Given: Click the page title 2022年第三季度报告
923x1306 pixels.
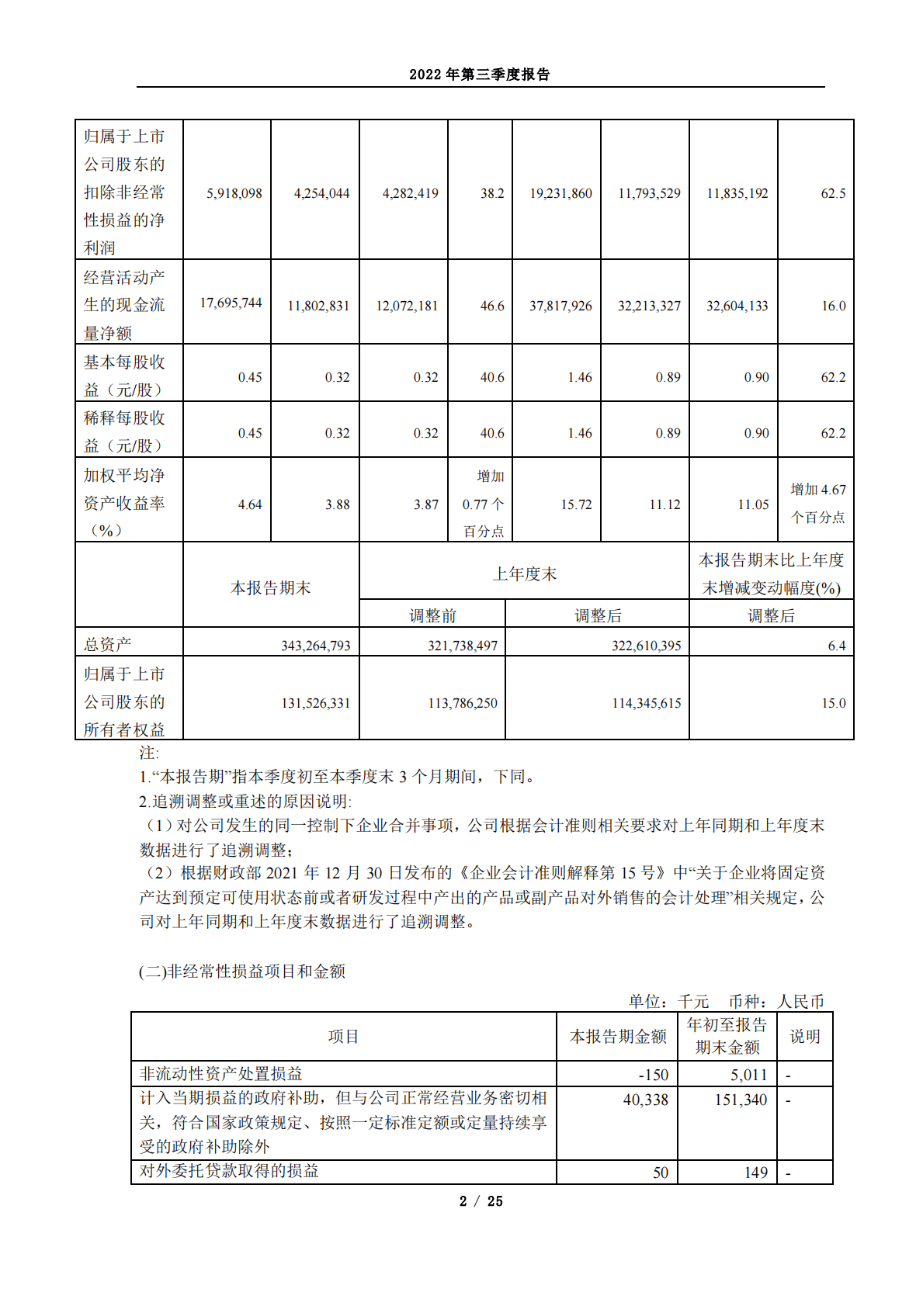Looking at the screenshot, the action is (480, 74).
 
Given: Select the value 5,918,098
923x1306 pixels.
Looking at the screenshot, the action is (234, 193).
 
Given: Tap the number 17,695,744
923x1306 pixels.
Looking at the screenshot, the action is (231, 303).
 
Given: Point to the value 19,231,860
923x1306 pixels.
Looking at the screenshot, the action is (560, 193).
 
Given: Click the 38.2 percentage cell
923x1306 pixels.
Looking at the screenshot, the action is (492, 193).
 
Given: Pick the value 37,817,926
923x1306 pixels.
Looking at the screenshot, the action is (560, 306).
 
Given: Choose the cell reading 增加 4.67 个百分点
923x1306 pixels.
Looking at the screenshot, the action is (817, 503).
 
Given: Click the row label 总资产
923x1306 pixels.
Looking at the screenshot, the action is (108, 644).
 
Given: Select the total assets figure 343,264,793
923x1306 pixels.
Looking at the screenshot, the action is (315, 646).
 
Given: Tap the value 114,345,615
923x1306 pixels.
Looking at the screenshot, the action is (647, 703).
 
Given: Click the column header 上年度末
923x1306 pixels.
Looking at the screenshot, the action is (524, 573).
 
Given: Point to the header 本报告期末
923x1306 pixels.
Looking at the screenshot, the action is (270, 588).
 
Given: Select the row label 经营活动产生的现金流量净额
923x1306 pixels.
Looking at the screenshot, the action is (124, 305).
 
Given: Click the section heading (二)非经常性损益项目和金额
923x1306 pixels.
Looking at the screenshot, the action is (242, 972).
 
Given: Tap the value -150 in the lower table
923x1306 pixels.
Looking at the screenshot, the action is (653, 1075).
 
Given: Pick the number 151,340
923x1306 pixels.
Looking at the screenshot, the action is (741, 1100).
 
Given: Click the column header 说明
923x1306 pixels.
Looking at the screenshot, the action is (804, 1037).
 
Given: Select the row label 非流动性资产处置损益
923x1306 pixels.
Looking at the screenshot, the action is (221, 1074).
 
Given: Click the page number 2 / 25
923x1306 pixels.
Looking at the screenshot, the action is (481, 1201).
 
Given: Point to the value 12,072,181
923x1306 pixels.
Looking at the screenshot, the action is (407, 306).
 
